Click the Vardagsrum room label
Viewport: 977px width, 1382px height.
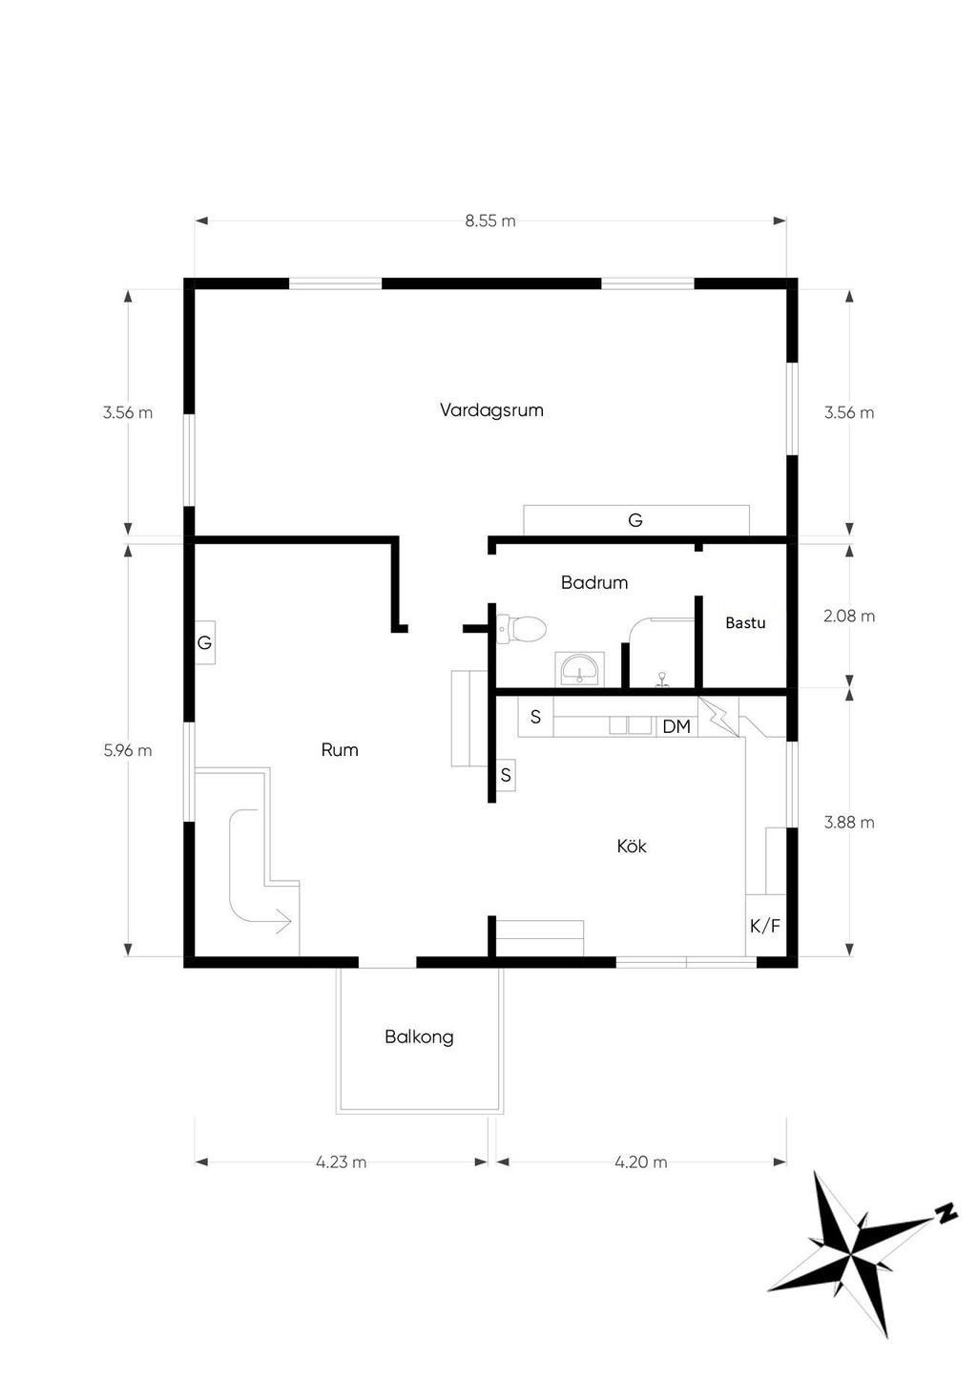[x=491, y=410]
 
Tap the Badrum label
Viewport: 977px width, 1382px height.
[x=594, y=582]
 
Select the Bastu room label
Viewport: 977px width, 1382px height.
[x=745, y=622]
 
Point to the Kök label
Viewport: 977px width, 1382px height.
[x=632, y=846]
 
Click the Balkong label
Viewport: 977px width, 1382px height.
[x=419, y=1036]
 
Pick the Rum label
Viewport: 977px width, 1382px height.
[x=340, y=749]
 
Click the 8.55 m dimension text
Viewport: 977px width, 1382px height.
[x=490, y=220]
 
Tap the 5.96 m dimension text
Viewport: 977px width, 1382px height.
[x=128, y=750]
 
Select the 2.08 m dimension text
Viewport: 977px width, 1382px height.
[x=849, y=616]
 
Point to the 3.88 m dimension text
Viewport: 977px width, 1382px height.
[x=849, y=823]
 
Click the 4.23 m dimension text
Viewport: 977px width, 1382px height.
[x=341, y=1162]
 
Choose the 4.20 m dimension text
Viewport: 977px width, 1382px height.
[x=641, y=1162]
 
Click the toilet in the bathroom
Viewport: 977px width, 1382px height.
[x=522, y=629]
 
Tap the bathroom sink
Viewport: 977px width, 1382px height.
[x=579, y=669]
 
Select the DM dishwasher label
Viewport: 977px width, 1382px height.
[x=676, y=726]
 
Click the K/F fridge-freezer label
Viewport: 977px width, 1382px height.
[x=765, y=926]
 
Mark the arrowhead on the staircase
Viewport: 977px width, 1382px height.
[x=283, y=921]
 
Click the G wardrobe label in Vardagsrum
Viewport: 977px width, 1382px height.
[x=635, y=520]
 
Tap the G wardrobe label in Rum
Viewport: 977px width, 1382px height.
[x=204, y=643]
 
